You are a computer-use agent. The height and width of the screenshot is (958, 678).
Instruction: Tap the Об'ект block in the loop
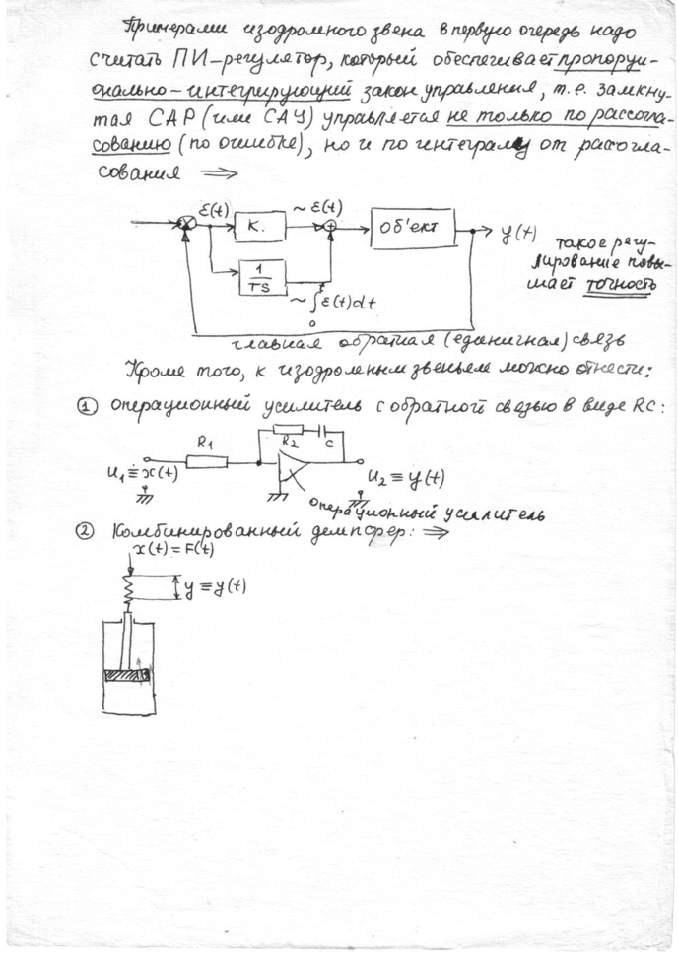pyautogui.click(x=413, y=229)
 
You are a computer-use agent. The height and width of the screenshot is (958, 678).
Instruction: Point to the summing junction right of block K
pyautogui.click(x=330, y=226)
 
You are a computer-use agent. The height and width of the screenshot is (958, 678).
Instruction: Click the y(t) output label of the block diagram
pyautogui.click(x=518, y=234)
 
